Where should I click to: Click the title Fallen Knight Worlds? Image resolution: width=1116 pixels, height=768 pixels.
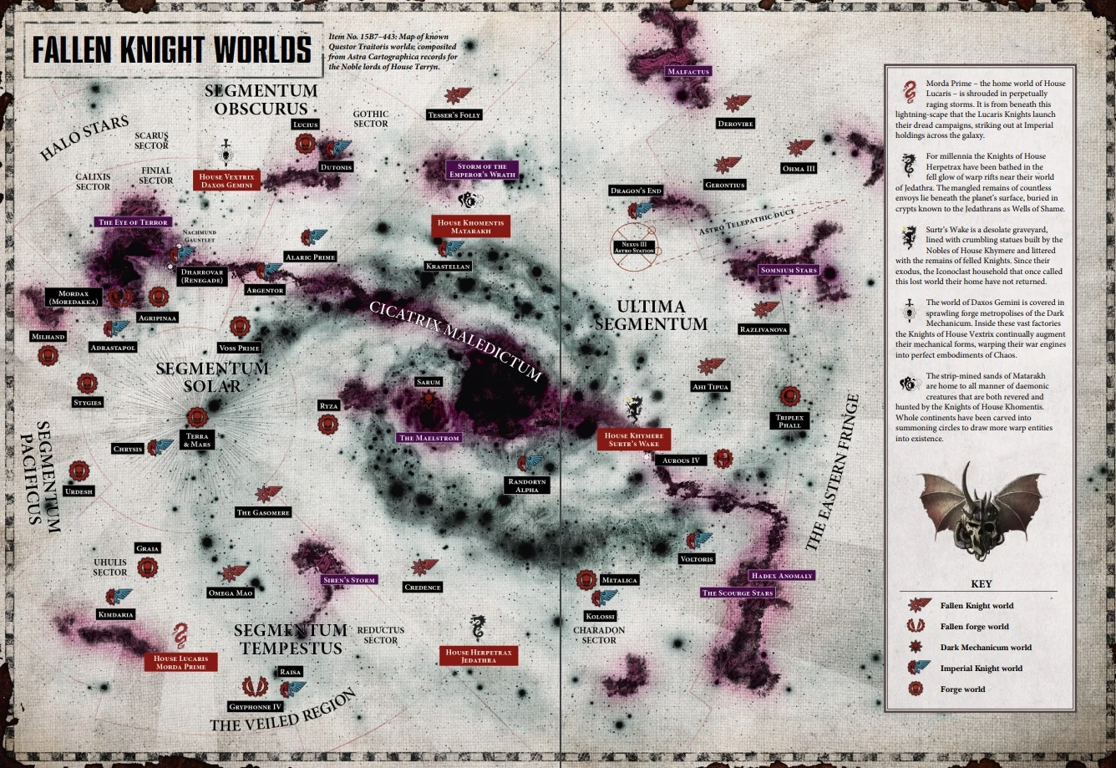click(x=171, y=49)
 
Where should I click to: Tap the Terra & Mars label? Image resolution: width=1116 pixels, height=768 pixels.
click(x=198, y=440)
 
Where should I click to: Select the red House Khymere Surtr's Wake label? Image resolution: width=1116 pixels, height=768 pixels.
click(x=633, y=440)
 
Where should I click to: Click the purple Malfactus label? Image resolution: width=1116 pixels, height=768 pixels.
click(x=687, y=72)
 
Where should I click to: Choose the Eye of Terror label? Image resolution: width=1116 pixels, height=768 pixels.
click(x=133, y=222)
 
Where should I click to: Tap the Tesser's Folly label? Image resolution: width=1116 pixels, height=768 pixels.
click(x=454, y=114)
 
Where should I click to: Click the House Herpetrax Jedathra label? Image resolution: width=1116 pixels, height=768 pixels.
click(x=479, y=655)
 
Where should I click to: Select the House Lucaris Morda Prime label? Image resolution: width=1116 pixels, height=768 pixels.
click(x=180, y=662)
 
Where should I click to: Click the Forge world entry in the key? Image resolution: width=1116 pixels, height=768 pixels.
click(x=962, y=689)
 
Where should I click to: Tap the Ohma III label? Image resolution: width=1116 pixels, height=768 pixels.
click(x=799, y=168)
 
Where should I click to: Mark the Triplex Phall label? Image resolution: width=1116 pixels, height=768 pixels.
click(x=789, y=420)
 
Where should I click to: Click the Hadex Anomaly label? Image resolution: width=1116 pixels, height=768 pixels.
click(x=781, y=576)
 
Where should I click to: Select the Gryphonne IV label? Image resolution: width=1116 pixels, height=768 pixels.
click(x=256, y=707)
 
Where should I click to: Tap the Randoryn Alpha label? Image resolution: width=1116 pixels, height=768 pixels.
click(x=527, y=486)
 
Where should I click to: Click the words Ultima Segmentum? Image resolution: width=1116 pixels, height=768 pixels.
click(x=662, y=315)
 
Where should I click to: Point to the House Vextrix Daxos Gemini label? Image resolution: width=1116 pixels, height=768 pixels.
click(x=227, y=181)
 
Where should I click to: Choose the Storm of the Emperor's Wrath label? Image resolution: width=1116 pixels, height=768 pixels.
click(x=481, y=170)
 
